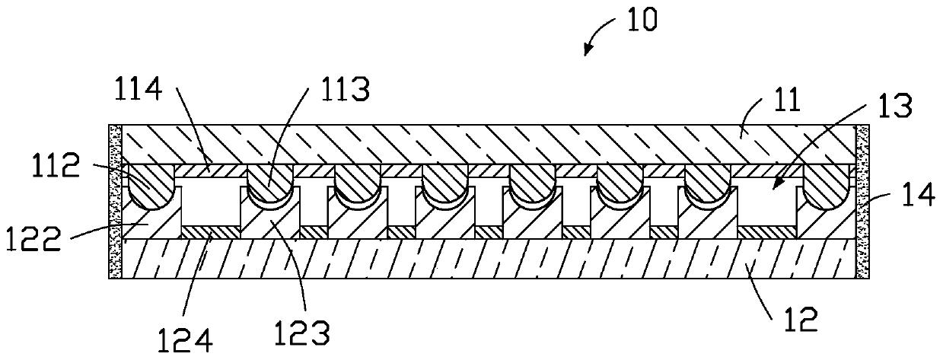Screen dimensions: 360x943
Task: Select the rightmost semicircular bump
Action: click(827, 189)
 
